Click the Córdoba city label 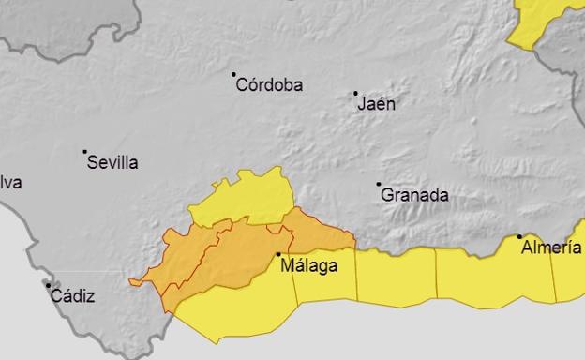pos(270,85)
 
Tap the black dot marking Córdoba pos(234,74)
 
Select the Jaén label pos(377,104)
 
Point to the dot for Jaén pos(355,93)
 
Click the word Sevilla pos(112,162)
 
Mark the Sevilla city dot pos(84,151)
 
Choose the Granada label pos(414,196)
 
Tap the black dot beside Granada pos(379,185)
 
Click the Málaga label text pos(309,265)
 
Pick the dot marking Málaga pos(278,254)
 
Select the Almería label pos(552,247)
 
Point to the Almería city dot pos(520,237)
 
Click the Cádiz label pos(72,296)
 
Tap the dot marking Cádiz pos(48,285)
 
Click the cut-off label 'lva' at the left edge pos(10,183)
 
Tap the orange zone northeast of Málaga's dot pos(314,232)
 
